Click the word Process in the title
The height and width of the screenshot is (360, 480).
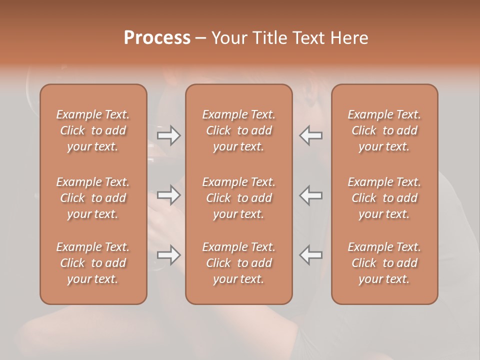[157, 38]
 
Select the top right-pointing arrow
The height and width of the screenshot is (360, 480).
[169, 135]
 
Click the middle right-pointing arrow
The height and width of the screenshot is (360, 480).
[169, 195]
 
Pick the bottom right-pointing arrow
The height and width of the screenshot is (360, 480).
[169, 255]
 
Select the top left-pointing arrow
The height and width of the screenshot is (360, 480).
[310, 135]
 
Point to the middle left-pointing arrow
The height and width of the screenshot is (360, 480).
[310, 195]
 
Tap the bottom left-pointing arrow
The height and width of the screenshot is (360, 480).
[310, 255]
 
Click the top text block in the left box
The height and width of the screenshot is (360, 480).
[93, 130]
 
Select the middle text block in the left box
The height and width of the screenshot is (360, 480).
[93, 198]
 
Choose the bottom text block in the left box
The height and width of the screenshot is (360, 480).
[93, 263]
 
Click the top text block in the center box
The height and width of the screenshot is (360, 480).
[239, 130]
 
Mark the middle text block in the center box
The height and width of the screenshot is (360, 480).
[239, 198]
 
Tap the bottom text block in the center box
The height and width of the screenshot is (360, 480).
[239, 263]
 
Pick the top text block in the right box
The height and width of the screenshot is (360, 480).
[384, 130]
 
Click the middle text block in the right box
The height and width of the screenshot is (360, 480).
[384, 198]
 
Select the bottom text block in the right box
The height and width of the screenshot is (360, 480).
[384, 263]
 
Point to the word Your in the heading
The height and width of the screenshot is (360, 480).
[227, 38]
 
